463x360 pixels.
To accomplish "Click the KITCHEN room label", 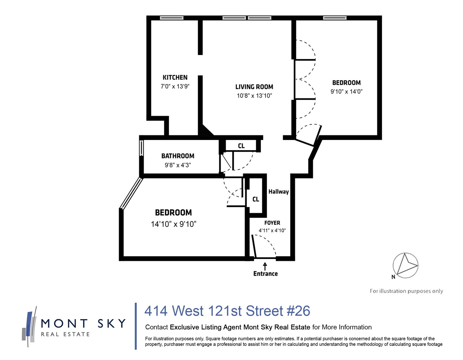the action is (x=175, y=77).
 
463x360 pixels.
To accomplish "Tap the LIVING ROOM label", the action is (x=254, y=87).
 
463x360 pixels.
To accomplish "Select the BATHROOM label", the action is (x=178, y=156).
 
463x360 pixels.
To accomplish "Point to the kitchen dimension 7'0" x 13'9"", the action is (x=175, y=86).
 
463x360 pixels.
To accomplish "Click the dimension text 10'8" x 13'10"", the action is (x=254, y=96).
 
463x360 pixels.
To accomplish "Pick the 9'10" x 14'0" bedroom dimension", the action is (x=347, y=92).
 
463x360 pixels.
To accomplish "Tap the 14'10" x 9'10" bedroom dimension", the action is (x=173, y=224).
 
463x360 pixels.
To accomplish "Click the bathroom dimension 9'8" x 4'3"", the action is (x=178, y=165).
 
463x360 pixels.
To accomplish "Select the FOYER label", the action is (x=272, y=223).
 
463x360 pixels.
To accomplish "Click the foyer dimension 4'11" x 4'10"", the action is (x=272, y=230).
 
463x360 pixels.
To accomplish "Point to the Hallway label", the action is (x=279, y=192).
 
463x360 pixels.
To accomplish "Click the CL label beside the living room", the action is (x=241, y=146).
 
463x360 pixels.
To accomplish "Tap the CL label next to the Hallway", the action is (x=256, y=199).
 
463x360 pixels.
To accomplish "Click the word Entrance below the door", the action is (x=266, y=274).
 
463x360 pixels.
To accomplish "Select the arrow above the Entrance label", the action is (x=265, y=266).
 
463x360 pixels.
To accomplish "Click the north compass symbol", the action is (x=405, y=266).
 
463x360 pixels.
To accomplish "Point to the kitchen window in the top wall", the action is (x=171, y=18).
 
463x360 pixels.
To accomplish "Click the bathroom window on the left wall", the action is (x=141, y=148).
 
